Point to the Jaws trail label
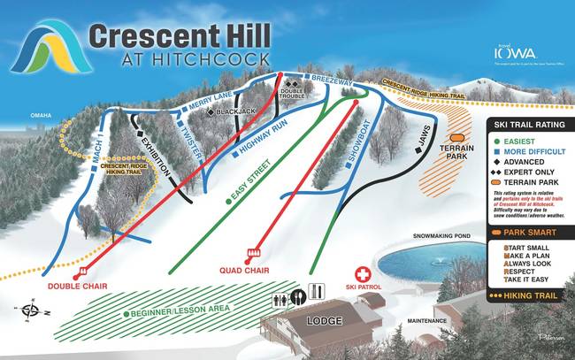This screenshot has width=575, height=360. [425, 134]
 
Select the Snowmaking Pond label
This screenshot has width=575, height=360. [444, 238]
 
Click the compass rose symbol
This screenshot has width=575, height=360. [33, 310]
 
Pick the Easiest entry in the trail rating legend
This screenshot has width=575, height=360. [519, 141]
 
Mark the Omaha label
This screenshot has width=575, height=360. [41, 115]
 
